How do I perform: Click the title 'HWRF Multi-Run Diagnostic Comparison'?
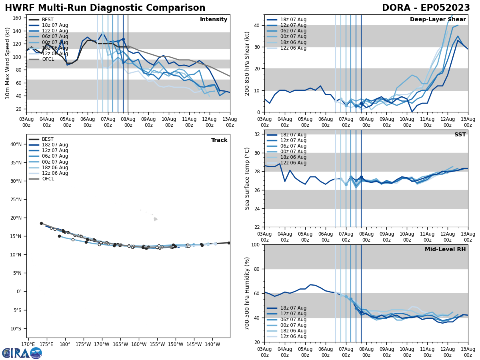click(x=105, y=8)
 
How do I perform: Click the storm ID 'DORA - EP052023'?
click(x=426, y=8)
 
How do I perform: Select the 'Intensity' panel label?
click(x=214, y=20)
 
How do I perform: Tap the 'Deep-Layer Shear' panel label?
click(x=438, y=20)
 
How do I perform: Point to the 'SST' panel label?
click(x=460, y=135)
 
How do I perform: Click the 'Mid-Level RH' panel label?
click(x=445, y=250)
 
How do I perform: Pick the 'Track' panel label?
click(x=219, y=140)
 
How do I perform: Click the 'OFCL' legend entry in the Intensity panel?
click(x=48, y=60)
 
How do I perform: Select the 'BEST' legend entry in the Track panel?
click(x=48, y=139)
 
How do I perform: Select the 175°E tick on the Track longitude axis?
click(x=46, y=344)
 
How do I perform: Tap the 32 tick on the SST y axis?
click(x=257, y=134)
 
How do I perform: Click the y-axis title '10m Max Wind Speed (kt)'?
click(x=8, y=63)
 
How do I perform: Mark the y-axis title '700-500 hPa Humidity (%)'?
click(x=248, y=293)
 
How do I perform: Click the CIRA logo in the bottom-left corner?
click(x=22, y=353)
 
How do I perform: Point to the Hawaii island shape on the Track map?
click(x=155, y=219)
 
